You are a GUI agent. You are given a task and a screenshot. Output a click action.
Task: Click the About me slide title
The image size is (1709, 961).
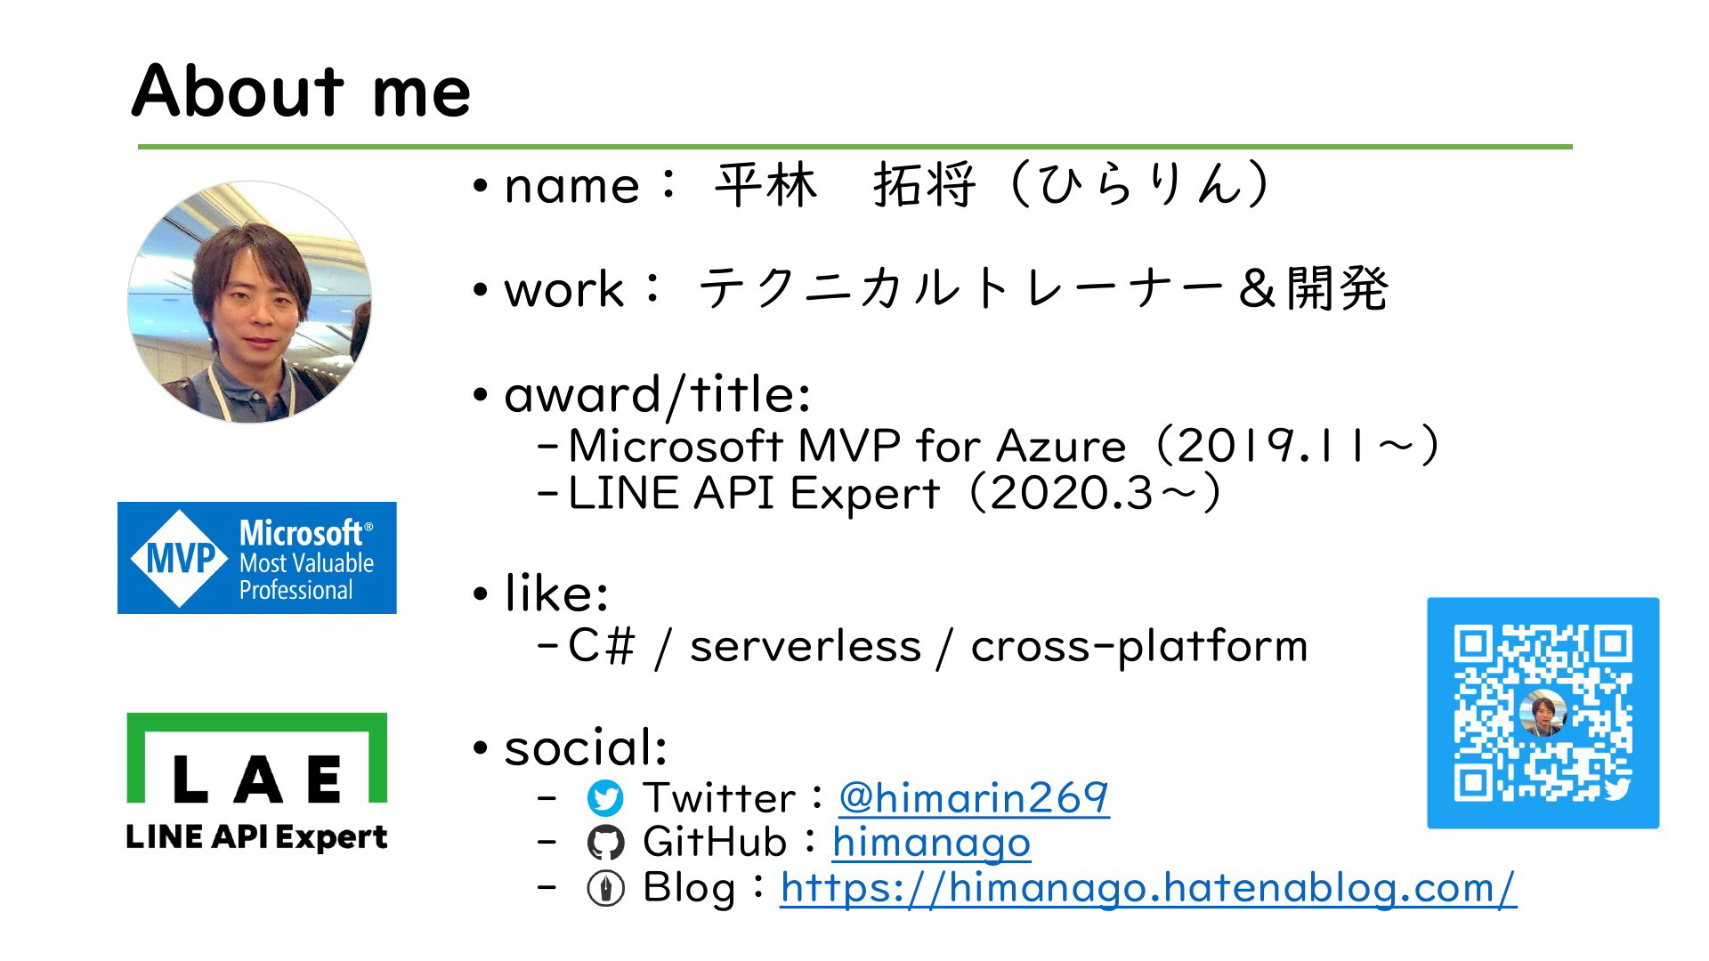coord(301,91)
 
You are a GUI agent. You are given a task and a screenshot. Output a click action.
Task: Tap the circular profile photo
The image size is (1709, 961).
coord(250,302)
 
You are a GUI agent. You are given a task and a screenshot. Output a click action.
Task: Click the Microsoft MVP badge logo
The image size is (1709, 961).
coord(257,558)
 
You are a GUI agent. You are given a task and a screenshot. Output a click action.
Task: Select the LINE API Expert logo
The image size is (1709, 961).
coord(257,782)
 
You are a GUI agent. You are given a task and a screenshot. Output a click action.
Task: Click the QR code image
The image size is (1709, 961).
coord(1543,713)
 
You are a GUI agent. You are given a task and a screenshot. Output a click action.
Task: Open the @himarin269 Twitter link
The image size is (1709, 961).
coord(974,797)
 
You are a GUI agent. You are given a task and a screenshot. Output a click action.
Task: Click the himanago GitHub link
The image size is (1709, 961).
coord(931,842)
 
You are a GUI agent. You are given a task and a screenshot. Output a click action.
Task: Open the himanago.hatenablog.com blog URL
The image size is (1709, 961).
coord(1148,888)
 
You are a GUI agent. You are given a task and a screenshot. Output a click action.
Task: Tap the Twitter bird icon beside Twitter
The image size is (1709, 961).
coord(606,798)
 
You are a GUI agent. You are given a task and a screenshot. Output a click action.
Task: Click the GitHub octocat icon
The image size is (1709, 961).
coord(606,843)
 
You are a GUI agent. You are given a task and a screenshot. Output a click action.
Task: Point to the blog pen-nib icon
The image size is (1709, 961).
coord(606,888)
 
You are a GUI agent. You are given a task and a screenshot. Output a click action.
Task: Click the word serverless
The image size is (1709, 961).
coord(806,646)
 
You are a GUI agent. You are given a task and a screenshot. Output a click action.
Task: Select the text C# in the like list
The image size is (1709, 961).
coord(602,646)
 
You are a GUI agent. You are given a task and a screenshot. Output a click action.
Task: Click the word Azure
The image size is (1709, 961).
coord(1062,446)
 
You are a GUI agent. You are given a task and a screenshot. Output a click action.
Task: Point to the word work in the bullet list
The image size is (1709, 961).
coord(564,289)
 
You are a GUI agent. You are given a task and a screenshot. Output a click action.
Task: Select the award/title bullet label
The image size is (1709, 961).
coord(657,395)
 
